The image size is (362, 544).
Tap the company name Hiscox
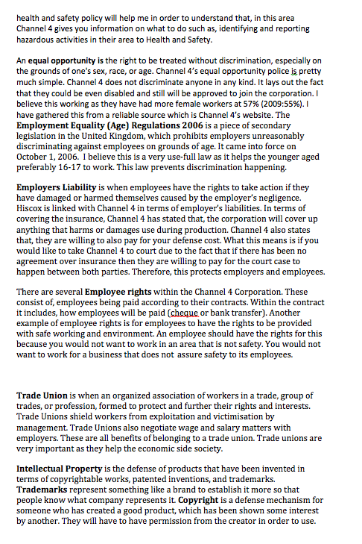coord(32,210)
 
